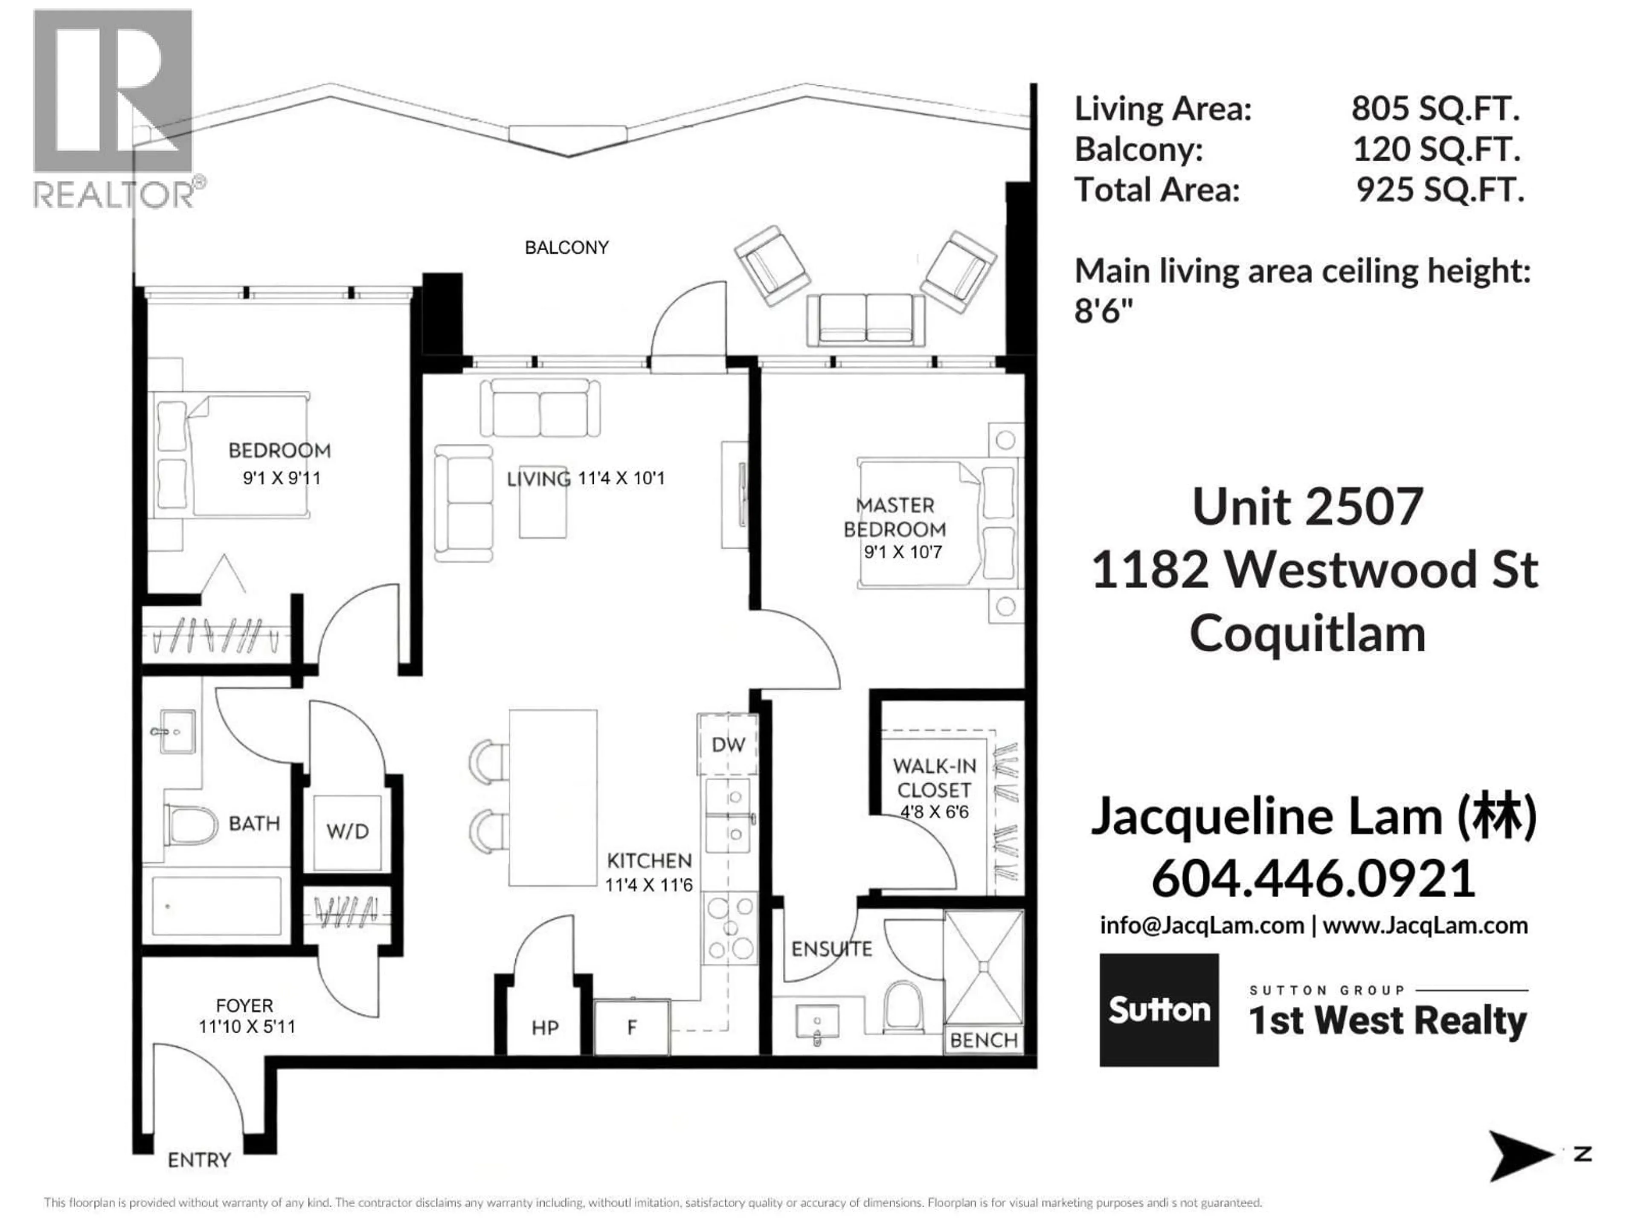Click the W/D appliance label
[x=347, y=831]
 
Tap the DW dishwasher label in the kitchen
[x=728, y=744]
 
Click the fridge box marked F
[x=632, y=1028]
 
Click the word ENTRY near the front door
[x=199, y=1160]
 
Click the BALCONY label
[x=566, y=247]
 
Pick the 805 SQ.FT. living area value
[x=1435, y=109]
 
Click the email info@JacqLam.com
[x=1201, y=925]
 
